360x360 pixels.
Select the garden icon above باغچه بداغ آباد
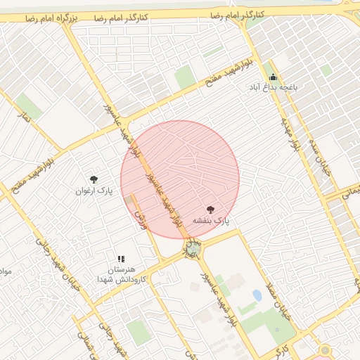(x=273, y=77)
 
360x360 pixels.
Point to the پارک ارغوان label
(x=94, y=191)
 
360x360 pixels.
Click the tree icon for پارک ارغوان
(x=94, y=180)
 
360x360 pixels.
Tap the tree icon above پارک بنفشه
(x=211, y=209)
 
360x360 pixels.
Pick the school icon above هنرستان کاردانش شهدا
(x=120, y=259)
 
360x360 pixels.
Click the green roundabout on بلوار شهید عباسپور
(x=193, y=248)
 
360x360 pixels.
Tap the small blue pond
(x=257, y=295)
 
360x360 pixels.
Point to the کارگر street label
(x=281, y=347)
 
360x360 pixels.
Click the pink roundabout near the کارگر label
(x=325, y=349)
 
